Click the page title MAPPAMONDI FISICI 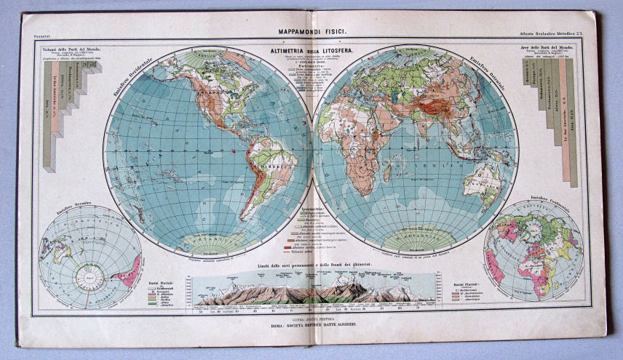311,32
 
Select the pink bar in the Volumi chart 93,67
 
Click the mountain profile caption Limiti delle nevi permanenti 311,270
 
